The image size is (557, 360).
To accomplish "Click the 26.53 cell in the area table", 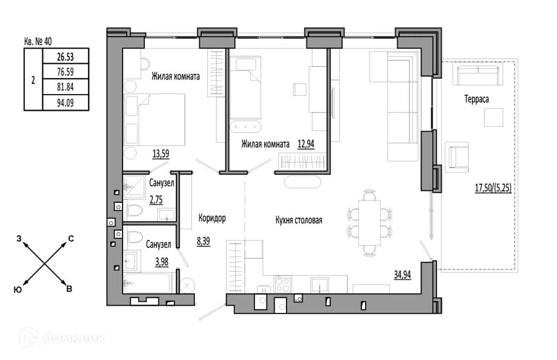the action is click(x=66, y=56).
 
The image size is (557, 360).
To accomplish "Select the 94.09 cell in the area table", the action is click(x=66, y=103).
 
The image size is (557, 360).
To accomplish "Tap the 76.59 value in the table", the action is click(x=66, y=72).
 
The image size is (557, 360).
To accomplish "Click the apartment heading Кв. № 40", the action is click(x=38, y=41).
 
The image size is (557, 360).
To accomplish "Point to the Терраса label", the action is click(x=477, y=99).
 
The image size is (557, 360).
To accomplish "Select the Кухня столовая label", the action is click(x=299, y=220).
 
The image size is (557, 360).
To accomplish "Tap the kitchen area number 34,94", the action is click(x=402, y=275).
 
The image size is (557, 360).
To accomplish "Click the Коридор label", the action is click(x=212, y=218).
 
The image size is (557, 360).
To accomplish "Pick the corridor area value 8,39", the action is click(x=204, y=241).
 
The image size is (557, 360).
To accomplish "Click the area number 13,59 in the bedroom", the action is click(x=161, y=154).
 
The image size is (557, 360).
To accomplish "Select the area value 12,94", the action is click(x=306, y=144).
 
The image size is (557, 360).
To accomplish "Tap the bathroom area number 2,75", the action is click(x=157, y=200).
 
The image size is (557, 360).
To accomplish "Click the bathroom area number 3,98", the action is click(x=162, y=262).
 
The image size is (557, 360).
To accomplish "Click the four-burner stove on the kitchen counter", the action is click(x=283, y=284).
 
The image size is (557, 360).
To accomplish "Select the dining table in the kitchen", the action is click(x=369, y=223).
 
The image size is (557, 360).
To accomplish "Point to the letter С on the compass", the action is click(x=71, y=239).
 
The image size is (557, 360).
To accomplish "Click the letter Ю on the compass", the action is click(x=18, y=289).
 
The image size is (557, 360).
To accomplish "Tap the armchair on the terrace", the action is click(x=457, y=157).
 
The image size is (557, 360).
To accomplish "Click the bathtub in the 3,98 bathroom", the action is click(x=146, y=283).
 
